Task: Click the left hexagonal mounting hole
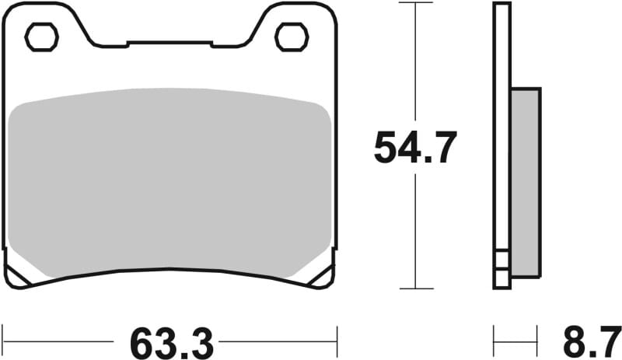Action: coord(41,37)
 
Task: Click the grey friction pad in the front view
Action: coord(171,183)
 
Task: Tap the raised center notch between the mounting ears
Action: coord(169,44)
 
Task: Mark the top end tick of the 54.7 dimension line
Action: coord(415,3)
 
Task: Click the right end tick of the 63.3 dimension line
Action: coord(337,341)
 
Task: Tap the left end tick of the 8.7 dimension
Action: coord(494,341)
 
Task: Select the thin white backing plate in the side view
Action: coord(503,140)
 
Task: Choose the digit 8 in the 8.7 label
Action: coord(572,341)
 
